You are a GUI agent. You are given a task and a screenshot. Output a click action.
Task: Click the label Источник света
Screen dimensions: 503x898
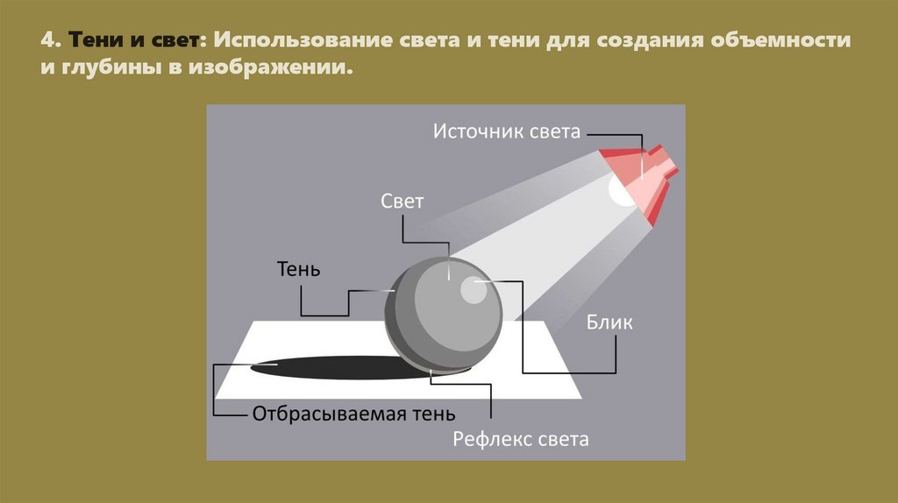[507, 132]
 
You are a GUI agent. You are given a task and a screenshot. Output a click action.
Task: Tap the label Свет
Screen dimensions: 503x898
[403, 202]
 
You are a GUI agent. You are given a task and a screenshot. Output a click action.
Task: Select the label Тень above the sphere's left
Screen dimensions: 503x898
[298, 269]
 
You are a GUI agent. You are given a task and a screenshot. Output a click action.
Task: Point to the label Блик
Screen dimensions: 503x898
[609, 322]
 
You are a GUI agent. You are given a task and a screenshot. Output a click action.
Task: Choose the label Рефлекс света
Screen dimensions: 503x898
[521, 439]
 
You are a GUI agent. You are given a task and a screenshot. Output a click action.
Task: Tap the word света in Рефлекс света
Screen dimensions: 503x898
[560, 439]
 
